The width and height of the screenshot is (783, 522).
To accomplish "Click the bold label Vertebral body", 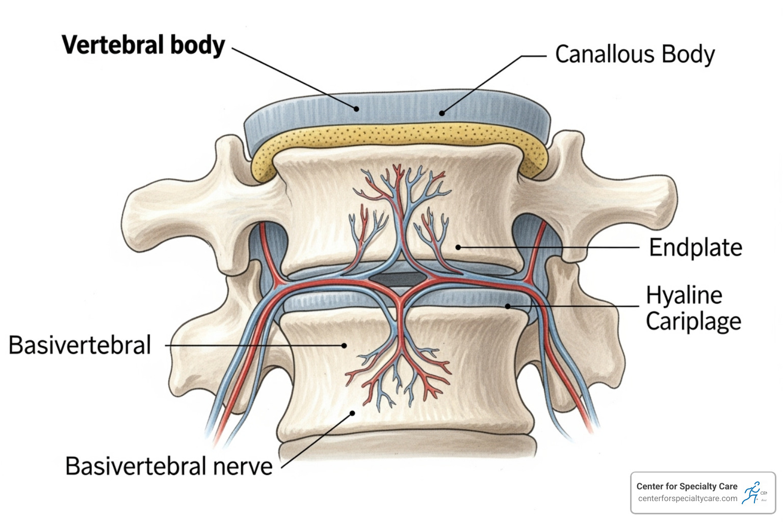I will pyautogui.click(x=143, y=45).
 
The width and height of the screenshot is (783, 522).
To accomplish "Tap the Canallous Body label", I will pyautogui.click(x=635, y=55).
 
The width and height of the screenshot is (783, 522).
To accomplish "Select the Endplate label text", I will pyautogui.click(x=695, y=248).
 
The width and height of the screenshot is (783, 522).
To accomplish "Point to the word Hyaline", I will pyautogui.click(x=684, y=295).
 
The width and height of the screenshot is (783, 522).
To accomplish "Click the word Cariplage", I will pyautogui.click(x=693, y=322).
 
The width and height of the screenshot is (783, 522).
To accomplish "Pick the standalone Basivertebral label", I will pyautogui.click(x=80, y=345).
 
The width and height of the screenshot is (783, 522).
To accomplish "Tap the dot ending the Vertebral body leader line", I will pyautogui.click(x=357, y=109).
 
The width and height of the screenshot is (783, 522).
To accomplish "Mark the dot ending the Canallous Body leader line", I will pyautogui.click(x=442, y=113).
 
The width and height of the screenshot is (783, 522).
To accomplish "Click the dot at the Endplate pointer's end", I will pyautogui.click(x=458, y=247).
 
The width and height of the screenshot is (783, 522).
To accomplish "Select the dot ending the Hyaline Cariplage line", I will pyautogui.click(x=508, y=306).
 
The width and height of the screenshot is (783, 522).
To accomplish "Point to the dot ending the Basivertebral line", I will pyautogui.click(x=345, y=346).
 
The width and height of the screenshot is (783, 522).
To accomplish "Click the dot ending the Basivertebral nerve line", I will pyautogui.click(x=352, y=413).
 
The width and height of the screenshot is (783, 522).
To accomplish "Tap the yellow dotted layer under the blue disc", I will pyautogui.click(x=398, y=136).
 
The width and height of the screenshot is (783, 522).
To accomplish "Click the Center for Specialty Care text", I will pyautogui.click(x=687, y=486).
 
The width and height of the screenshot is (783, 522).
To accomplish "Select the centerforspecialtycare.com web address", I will pyautogui.click(x=687, y=499).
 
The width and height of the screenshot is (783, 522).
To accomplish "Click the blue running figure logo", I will pyautogui.click(x=751, y=492).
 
